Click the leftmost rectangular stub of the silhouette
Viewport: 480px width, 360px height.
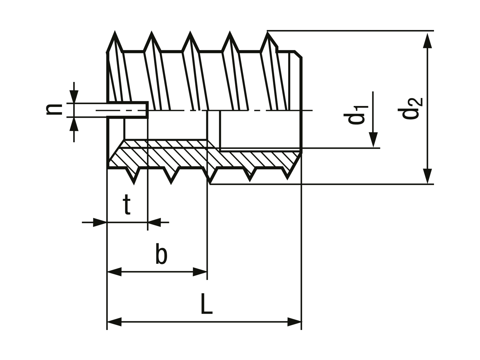[x=54, y=111]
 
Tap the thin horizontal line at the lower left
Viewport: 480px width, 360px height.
[x=85, y=223]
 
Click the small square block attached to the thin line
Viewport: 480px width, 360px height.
[x=97, y=223]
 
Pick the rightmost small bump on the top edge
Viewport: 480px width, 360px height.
[x=229, y=31]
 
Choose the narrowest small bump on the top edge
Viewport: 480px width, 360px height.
[x=190, y=31]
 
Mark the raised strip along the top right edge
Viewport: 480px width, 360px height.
[x=350, y=31]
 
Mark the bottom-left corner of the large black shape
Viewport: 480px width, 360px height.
[x=105, y=330]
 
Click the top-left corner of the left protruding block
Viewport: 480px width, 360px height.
[x=73, y=81]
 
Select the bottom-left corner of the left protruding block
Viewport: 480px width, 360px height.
[x=73, y=143]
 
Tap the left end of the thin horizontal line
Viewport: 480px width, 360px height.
[x=81, y=223]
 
